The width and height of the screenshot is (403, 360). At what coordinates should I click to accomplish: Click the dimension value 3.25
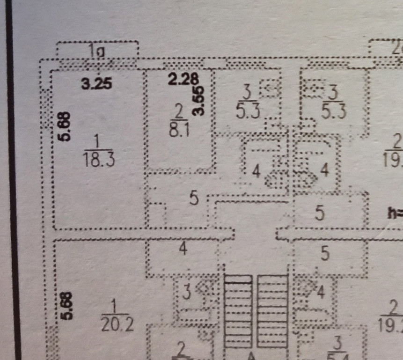(96, 84)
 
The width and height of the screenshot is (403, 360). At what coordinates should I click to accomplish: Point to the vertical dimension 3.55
(199, 100)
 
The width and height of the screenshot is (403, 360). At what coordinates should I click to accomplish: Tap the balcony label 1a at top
(97, 51)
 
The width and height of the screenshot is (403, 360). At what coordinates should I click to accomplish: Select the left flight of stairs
(238, 311)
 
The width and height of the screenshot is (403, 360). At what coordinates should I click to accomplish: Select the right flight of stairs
(272, 311)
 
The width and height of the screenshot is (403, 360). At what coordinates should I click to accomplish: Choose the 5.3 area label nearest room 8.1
(248, 112)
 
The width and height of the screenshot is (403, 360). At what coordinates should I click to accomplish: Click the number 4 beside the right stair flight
(321, 293)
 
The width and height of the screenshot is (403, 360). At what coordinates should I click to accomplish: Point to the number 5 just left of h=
(320, 213)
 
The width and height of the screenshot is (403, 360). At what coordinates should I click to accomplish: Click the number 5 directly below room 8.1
(194, 198)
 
